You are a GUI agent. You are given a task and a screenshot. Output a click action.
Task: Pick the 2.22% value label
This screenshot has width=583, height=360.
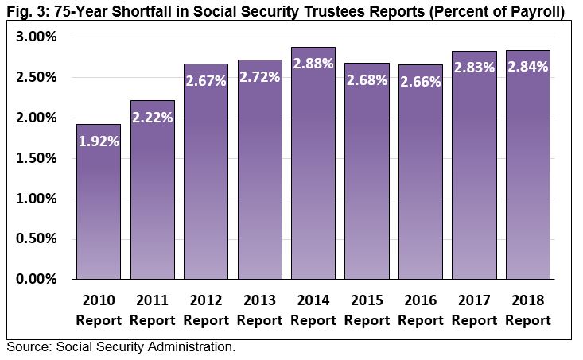coord(153,118)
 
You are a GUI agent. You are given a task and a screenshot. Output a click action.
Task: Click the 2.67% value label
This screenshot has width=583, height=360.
coord(206,81)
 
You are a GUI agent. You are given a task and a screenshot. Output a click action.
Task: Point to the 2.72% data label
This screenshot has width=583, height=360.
coord(260,77)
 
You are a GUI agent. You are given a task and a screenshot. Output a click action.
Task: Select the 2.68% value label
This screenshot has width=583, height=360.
coord(367,80)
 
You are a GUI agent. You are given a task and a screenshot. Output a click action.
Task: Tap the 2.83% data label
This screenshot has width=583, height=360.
coord(474,68)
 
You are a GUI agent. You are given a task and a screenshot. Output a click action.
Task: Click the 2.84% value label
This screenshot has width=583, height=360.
coord(528,67)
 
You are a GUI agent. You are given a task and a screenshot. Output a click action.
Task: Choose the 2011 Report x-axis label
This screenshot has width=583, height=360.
coord(153,311)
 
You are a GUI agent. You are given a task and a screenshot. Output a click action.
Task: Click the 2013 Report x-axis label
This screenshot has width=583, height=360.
coord(260,311)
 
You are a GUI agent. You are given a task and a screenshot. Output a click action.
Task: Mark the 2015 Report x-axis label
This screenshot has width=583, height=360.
coord(367,311)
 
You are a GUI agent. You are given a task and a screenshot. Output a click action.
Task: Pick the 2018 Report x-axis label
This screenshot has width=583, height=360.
coord(528,311)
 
